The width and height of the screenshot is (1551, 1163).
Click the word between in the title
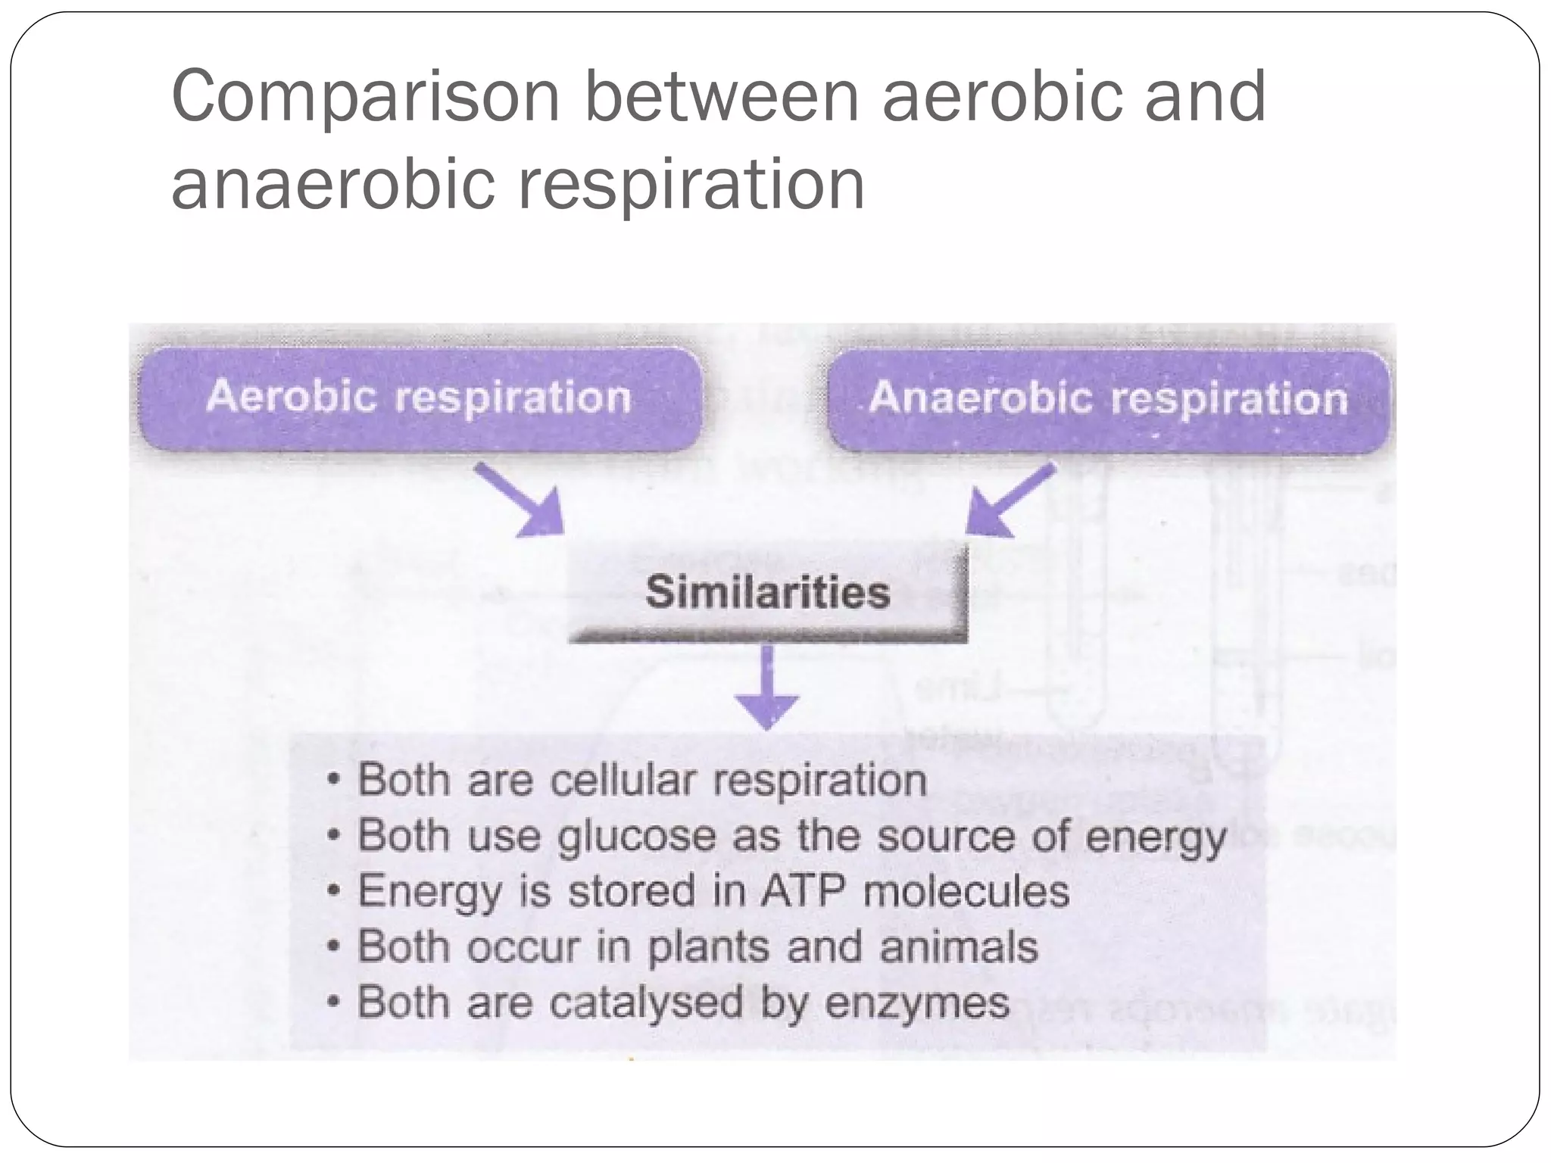tap(721, 96)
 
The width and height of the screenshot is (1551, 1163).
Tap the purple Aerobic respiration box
tap(418, 398)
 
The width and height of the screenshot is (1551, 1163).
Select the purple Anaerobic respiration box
tap(1108, 399)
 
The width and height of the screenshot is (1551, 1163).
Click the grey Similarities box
tap(767, 593)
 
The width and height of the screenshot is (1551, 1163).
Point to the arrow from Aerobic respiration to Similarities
tap(523, 502)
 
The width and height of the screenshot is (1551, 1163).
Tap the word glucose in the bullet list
tap(637, 837)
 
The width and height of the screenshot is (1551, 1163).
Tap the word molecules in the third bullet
tap(966, 891)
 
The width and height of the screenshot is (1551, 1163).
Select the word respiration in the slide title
tap(691, 186)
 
